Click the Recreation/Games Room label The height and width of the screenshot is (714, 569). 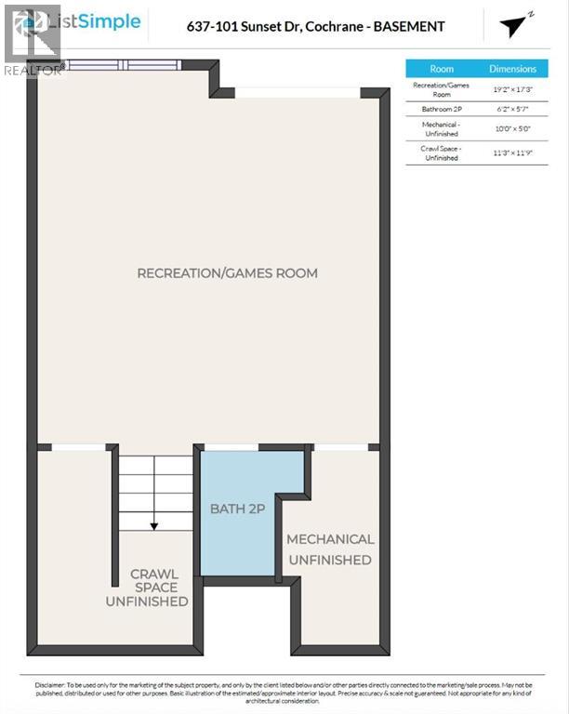[x=227, y=273]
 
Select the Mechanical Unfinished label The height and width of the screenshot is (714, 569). [x=330, y=549]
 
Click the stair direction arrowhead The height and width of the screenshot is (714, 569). [x=154, y=525]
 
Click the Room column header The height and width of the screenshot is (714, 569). [x=442, y=69]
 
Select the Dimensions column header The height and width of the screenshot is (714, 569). [x=513, y=69]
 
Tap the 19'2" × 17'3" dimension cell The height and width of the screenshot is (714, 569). [x=513, y=89]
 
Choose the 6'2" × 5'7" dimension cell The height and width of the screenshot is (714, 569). [x=513, y=109]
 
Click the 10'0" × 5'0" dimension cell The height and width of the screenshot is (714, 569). [x=513, y=128]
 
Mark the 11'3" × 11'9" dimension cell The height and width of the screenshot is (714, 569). [x=513, y=152]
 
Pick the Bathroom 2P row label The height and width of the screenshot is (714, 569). [x=442, y=109]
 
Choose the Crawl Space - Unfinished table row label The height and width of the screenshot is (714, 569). [x=442, y=152]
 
